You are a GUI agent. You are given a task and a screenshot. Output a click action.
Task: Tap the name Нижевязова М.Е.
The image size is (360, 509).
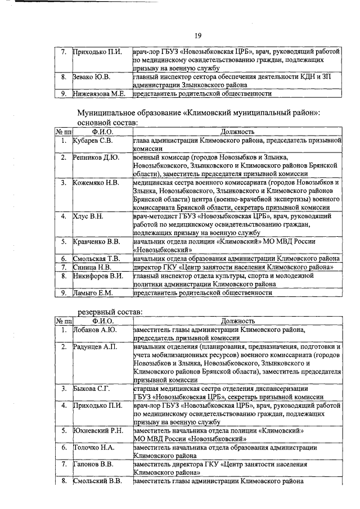tap(100, 94)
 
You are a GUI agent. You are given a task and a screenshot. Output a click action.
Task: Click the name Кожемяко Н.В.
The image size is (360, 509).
tap(96, 183)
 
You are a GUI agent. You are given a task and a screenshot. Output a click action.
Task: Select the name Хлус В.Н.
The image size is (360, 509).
tap(88, 216)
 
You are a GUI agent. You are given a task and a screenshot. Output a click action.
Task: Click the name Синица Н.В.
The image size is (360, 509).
tap(91, 267)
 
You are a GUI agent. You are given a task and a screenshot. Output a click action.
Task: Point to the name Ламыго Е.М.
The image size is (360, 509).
tap(93, 293)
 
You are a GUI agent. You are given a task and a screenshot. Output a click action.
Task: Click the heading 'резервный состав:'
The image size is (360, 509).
tap(109, 311)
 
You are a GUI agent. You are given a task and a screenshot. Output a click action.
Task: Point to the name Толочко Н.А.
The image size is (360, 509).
tap(93, 448)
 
